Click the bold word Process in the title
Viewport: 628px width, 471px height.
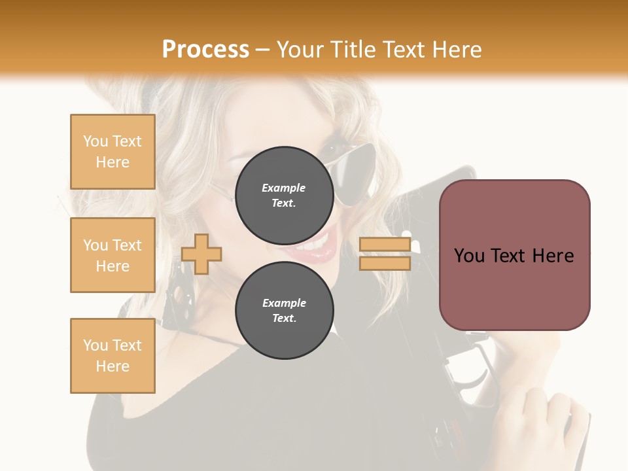[205, 49]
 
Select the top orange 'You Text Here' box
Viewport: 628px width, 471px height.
[113, 152]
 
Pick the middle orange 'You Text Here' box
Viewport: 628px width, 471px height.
[113, 255]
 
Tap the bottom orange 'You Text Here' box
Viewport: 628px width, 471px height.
[113, 356]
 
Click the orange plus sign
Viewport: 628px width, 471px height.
[201, 254]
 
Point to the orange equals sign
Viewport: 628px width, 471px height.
[385, 254]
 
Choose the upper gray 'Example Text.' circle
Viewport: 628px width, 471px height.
[284, 196]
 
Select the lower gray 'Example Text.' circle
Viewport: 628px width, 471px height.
[284, 311]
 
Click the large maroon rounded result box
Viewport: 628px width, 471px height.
[514, 255]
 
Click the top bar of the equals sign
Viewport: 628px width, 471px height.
[385, 245]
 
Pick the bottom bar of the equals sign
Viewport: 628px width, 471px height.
[385, 263]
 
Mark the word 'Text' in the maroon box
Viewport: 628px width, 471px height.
[514, 255]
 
